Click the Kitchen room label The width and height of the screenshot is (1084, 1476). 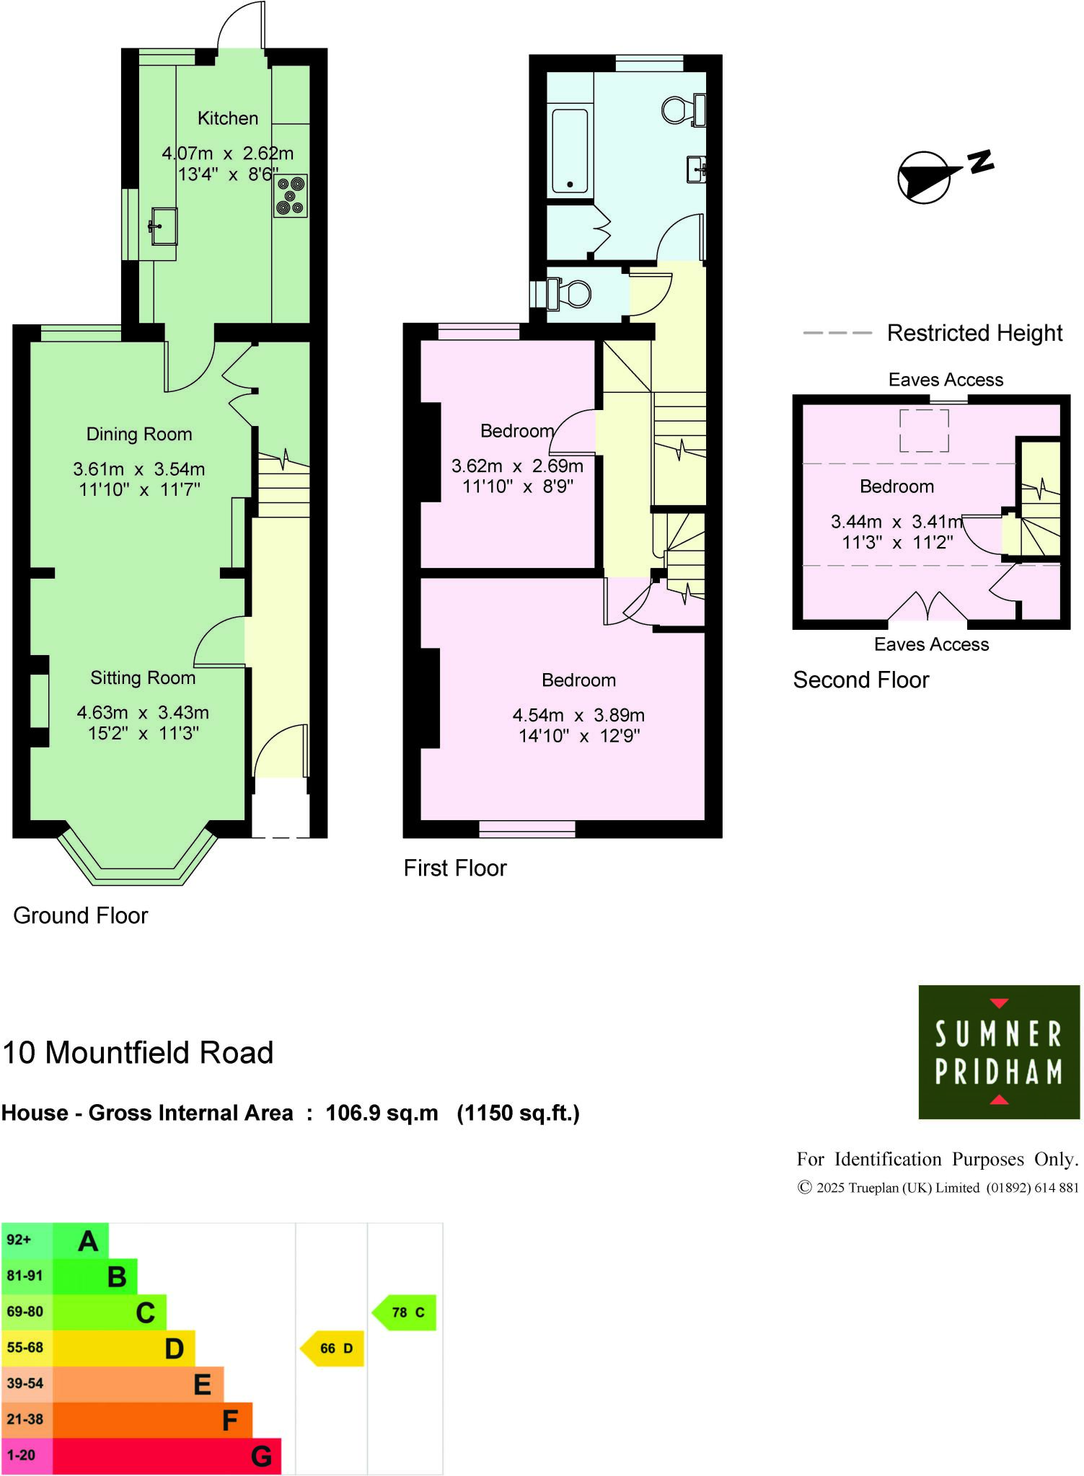(x=227, y=118)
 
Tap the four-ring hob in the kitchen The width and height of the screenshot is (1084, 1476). (x=290, y=196)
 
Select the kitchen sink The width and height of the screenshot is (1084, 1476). (x=164, y=226)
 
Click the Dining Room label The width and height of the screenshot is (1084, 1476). (x=139, y=434)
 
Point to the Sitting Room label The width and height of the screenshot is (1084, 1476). (x=143, y=677)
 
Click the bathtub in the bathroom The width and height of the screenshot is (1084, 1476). (x=570, y=151)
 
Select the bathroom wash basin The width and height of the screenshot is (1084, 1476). (x=696, y=170)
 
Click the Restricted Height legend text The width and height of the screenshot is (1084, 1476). (x=974, y=333)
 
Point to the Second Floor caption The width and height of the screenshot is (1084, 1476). (x=861, y=680)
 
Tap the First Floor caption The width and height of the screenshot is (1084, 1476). (x=455, y=868)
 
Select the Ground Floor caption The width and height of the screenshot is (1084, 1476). (x=81, y=915)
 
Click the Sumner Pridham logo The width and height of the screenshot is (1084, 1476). (x=999, y=1052)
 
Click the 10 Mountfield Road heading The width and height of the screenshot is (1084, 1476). (x=138, y=1053)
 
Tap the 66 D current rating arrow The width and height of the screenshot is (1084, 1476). (x=334, y=1348)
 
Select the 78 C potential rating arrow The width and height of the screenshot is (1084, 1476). (x=406, y=1312)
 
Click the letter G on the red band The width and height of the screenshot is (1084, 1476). (x=261, y=1457)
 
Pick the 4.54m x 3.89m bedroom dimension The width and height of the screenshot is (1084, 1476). (x=578, y=715)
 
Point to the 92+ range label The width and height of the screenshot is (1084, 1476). (x=19, y=1240)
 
